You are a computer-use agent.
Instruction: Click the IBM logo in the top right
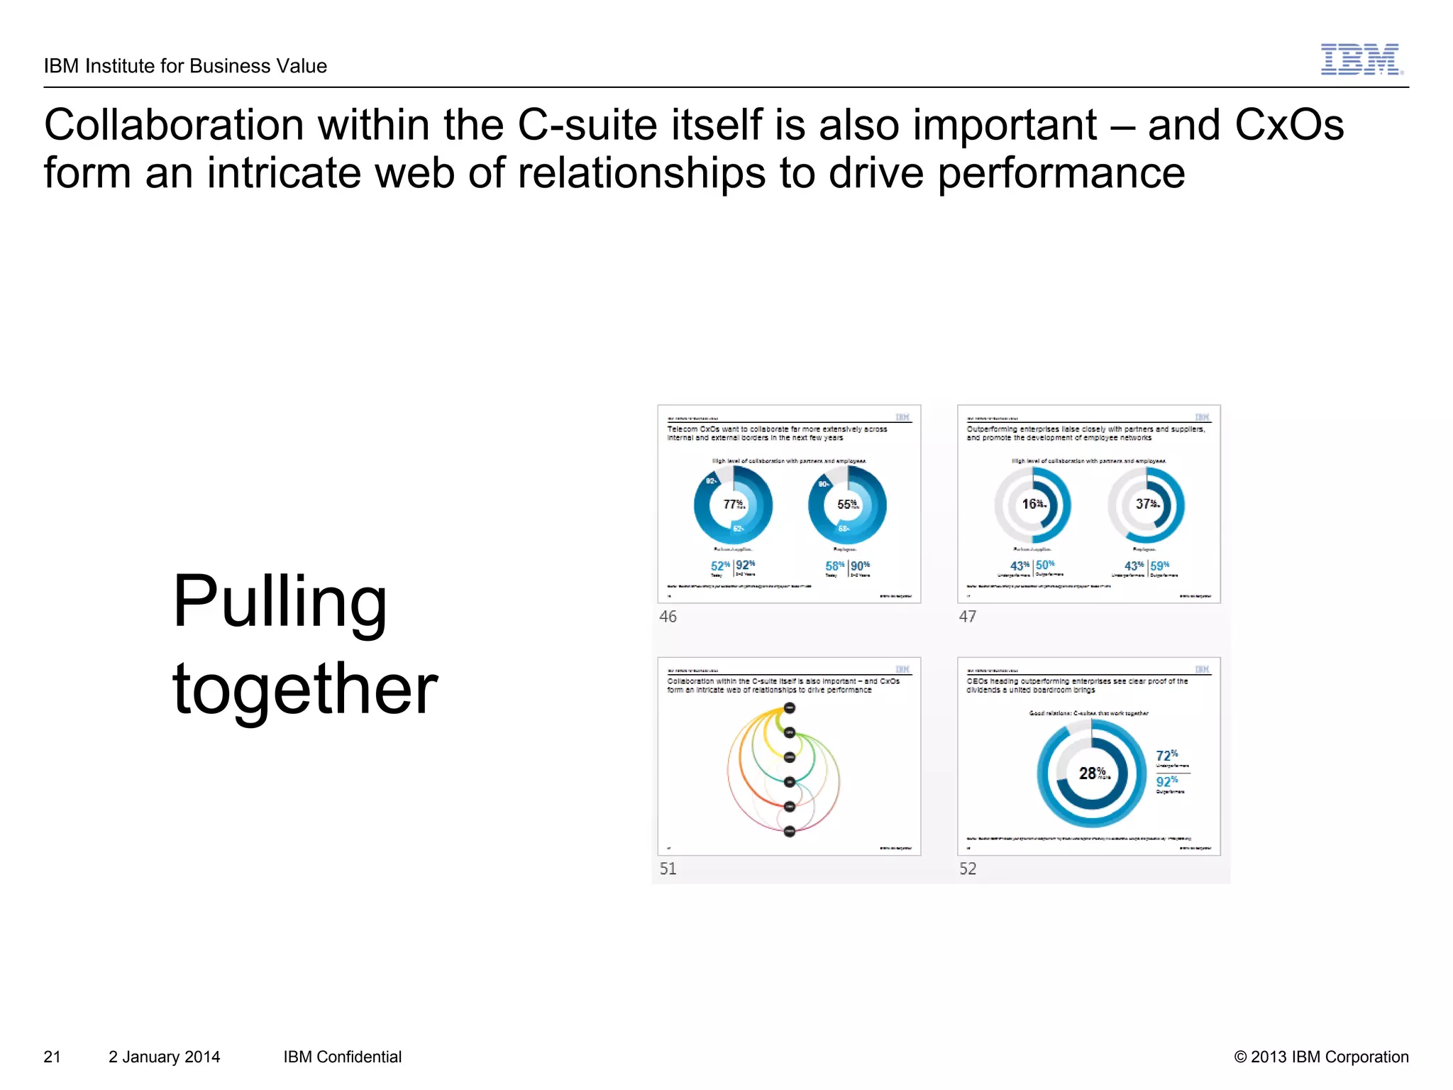pyautogui.click(x=1361, y=60)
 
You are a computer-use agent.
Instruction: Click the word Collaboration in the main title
pyautogui.click(x=174, y=126)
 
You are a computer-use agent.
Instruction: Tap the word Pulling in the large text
pyautogui.click(x=280, y=602)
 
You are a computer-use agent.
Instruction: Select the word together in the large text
pyautogui.click(x=304, y=688)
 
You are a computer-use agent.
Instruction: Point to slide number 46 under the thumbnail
pyautogui.click(x=668, y=617)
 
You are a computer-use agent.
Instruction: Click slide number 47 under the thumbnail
pyautogui.click(x=967, y=617)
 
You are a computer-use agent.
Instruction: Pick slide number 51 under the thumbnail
pyautogui.click(x=668, y=869)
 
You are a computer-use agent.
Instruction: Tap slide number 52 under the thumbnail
pyautogui.click(x=968, y=869)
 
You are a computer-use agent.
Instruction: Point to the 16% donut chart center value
pyautogui.click(x=1033, y=504)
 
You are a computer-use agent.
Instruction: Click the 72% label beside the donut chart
pyautogui.click(x=1167, y=756)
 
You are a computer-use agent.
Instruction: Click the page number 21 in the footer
pyautogui.click(x=53, y=1057)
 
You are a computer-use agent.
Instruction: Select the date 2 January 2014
pyautogui.click(x=164, y=1057)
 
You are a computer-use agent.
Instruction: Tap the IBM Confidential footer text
pyautogui.click(x=342, y=1057)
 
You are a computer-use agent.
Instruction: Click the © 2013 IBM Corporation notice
pyautogui.click(x=1321, y=1057)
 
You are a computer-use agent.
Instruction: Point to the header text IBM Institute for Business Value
pyautogui.click(x=185, y=66)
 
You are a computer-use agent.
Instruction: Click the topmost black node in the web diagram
pyautogui.click(x=790, y=708)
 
